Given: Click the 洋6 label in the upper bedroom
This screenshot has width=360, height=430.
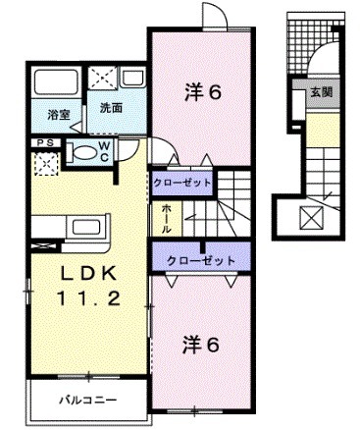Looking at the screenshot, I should point(203,93).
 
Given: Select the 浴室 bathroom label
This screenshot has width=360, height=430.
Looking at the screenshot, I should point(58,115).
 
